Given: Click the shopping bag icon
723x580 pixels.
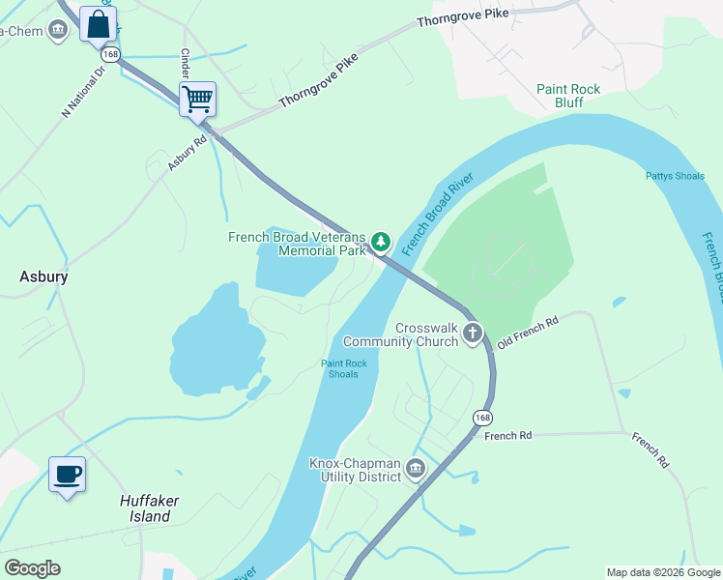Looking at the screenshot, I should (x=99, y=24).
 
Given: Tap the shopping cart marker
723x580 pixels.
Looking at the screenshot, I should (x=197, y=99).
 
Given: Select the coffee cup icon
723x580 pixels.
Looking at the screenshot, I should (x=67, y=475).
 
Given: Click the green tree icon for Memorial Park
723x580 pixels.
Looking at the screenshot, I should (x=382, y=241).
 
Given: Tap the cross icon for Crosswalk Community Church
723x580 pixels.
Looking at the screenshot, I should (x=473, y=333).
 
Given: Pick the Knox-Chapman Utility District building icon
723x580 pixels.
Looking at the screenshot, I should (x=416, y=469).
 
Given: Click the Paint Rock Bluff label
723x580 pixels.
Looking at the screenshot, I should (x=568, y=96).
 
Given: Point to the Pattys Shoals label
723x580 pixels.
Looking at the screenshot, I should (x=675, y=176).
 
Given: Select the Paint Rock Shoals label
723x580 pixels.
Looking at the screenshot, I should (x=344, y=368).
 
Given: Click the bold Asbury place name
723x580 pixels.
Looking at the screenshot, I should (x=43, y=276).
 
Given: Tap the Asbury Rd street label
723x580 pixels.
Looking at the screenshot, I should (x=188, y=153).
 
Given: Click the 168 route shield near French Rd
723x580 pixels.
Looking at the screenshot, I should (x=482, y=418).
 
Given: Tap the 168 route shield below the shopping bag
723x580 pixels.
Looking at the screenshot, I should (x=111, y=55).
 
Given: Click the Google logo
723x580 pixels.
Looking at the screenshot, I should (x=32, y=568).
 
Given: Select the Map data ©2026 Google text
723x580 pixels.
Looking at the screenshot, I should (x=663, y=572).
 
